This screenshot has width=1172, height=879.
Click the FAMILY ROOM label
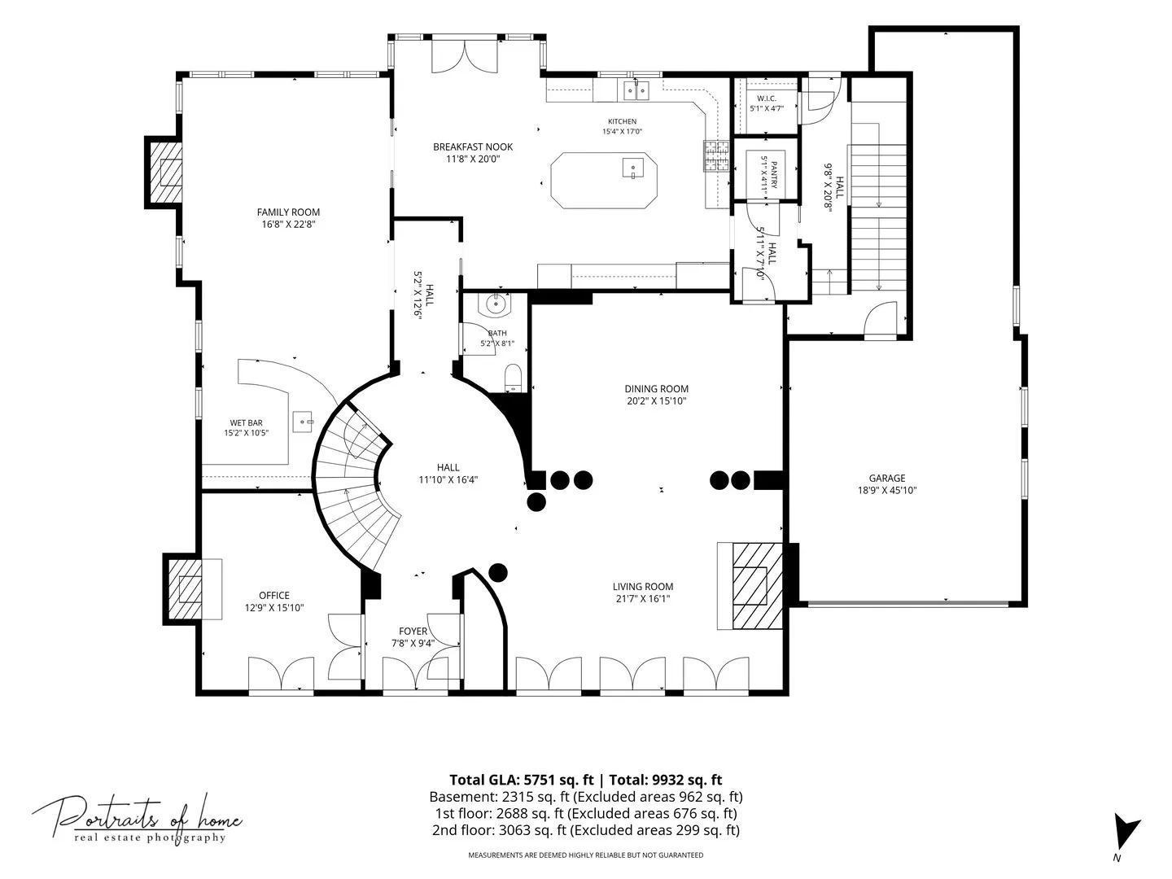pyautogui.click(x=288, y=212)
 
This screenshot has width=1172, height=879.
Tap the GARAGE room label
pyautogui.click(x=887, y=479)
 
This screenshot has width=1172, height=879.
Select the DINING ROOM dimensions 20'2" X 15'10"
pyautogui.click(x=656, y=400)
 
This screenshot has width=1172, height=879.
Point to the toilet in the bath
pyautogui.click(x=513, y=378)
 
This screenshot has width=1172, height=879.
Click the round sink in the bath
pyautogui.click(x=496, y=304)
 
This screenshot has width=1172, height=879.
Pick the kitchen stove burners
pyautogui.click(x=716, y=156)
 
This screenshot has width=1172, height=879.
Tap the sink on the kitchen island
pyautogui.click(x=632, y=168)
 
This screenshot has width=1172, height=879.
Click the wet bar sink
pyautogui.click(x=303, y=422)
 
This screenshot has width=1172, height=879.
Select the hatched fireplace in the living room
pyautogui.click(x=758, y=585)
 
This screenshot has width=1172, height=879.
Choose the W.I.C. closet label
pyautogui.click(x=766, y=98)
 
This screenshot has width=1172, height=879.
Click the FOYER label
pyautogui.click(x=413, y=632)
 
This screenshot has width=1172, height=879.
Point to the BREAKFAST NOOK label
pyautogui.click(x=473, y=146)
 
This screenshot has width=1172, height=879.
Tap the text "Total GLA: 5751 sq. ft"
pyautogui.click(x=521, y=781)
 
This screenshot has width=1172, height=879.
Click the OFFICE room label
pyautogui.click(x=274, y=595)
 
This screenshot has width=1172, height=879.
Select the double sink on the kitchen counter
pyautogui.click(x=636, y=90)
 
